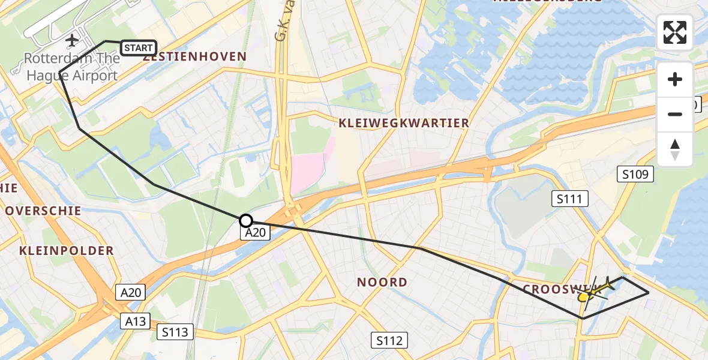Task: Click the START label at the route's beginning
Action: (x=139, y=47)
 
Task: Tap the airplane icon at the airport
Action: (x=72, y=41)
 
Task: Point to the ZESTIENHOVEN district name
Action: (x=195, y=57)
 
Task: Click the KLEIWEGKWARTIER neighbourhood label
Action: (x=404, y=123)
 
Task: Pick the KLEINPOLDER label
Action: (x=66, y=250)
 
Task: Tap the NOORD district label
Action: (x=382, y=282)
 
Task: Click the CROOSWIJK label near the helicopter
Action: (x=555, y=289)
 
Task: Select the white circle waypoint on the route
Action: (x=246, y=221)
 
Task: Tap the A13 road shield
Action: (x=136, y=321)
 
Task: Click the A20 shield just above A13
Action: (x=131, y=293)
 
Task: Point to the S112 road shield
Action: (x=389, y=340)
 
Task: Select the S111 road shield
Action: (x=569, y=199)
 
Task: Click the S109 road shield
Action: (x=635, y=175)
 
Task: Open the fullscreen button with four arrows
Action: (x=675, y=32)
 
